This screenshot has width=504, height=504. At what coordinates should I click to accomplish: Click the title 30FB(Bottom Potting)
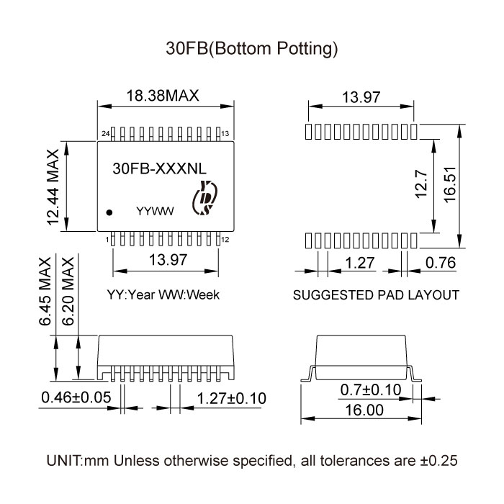(251, 49)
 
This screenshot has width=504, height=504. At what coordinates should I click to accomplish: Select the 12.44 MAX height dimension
(53, 187)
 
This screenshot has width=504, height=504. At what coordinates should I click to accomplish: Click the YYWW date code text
(156, 212)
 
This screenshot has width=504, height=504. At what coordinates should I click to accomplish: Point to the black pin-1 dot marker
(110, 212)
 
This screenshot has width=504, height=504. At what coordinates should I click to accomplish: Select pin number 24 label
(105, 134)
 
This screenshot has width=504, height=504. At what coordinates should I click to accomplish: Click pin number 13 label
(225, 134)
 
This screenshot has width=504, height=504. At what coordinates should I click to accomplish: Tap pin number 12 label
(225, 240)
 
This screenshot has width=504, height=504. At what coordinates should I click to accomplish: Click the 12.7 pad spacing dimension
(423, 186)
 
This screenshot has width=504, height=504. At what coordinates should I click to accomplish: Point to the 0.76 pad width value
(441, 263)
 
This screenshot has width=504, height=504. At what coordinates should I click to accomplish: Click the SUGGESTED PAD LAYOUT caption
(376, 295)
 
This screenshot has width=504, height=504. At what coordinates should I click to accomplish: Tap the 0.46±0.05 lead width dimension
(76, 397)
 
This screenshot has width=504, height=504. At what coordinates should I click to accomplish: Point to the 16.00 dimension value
(364, 410)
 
